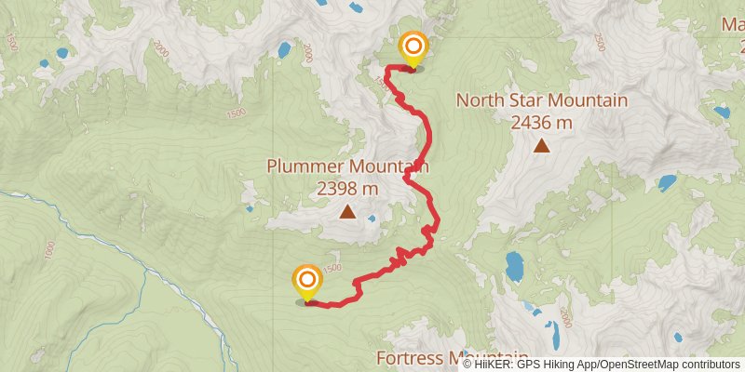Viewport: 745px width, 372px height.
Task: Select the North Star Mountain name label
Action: pyautogui.click(x=541, y=100)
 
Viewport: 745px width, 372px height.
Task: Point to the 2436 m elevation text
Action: pyautogui.click(x=541, y=121)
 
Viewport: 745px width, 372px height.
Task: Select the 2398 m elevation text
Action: pyautogui.click(x=347, y=188)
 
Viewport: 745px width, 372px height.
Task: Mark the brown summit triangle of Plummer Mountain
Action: pyautogui.click(x=347, y=212)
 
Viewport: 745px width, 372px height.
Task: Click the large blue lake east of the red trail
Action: pyautogui.click(x=514, y=265)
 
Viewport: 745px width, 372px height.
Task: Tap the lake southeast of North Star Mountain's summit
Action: pyautogui.click(x=667, y=182)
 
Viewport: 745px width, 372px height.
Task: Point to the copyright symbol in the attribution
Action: pyautogui.click(x=468, y=365)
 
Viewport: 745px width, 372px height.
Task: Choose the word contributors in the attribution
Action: pyautogui.click(x=710, y=365)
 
